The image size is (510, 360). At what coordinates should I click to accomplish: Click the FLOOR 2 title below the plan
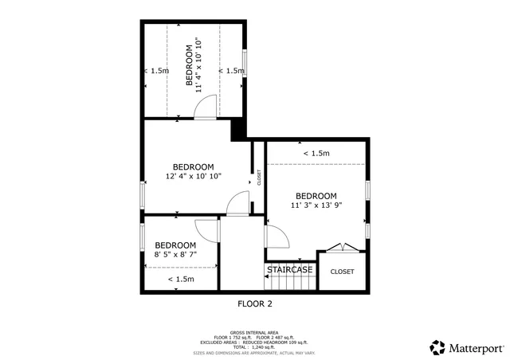tap(255, 303)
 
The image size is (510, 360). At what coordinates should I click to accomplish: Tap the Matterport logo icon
tap(437, 347)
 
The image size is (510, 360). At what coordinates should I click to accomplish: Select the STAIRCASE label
tap(289, 270)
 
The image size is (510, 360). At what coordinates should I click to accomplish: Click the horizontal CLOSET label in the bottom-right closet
tap(342, 272)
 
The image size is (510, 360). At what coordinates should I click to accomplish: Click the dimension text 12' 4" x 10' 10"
tap(193, 176)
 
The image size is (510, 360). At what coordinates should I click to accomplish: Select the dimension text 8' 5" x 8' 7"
tap(175, 254)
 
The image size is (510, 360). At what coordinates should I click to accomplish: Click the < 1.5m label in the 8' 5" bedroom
tap(181, 279)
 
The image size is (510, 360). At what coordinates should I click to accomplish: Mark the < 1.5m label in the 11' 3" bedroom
tap(316, 153)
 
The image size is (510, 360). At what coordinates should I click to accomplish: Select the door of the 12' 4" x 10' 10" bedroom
tap(237, 205)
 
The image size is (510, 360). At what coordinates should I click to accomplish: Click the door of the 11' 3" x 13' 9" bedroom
tap(275, 237)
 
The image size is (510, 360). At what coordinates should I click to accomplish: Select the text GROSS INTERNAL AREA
tap(255, 333)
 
